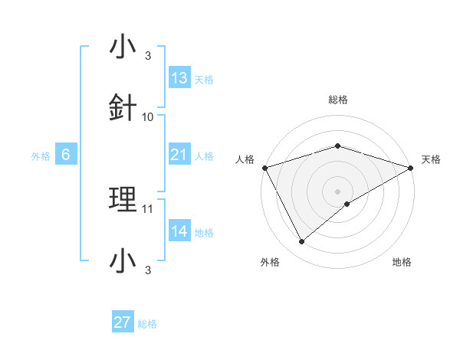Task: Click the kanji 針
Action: coord(123,109)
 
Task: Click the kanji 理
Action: coord(123,200)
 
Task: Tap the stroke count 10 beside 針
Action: coord(148,117)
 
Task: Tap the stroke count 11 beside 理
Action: coord(148,208)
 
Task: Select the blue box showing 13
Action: coord(179,78)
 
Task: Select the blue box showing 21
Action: coord(179,155)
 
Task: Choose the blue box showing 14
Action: coord(179,231)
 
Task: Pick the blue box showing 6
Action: coord(66,155)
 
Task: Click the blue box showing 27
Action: coord(123,322)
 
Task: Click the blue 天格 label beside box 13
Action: coord(204,80)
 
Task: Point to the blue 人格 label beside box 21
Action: coord(204,156)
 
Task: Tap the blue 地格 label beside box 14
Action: coord(204,233)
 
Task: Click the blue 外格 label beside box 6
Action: coord(41,156)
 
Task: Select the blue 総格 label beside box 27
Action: coord(147,324)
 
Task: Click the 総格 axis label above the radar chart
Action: coord(337,100)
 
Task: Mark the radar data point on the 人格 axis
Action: coord(264,167)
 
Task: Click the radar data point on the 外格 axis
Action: coord(302,242)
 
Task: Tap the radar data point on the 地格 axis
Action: coord(347,204)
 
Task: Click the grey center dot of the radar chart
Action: coord(337,191)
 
